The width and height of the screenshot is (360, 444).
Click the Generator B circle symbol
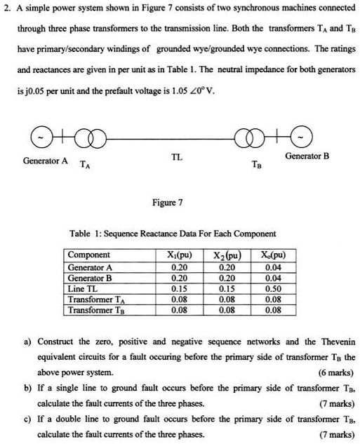coord(314,137)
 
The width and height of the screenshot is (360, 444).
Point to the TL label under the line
coord(178,158)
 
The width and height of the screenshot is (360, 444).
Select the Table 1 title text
coord(173,233)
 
